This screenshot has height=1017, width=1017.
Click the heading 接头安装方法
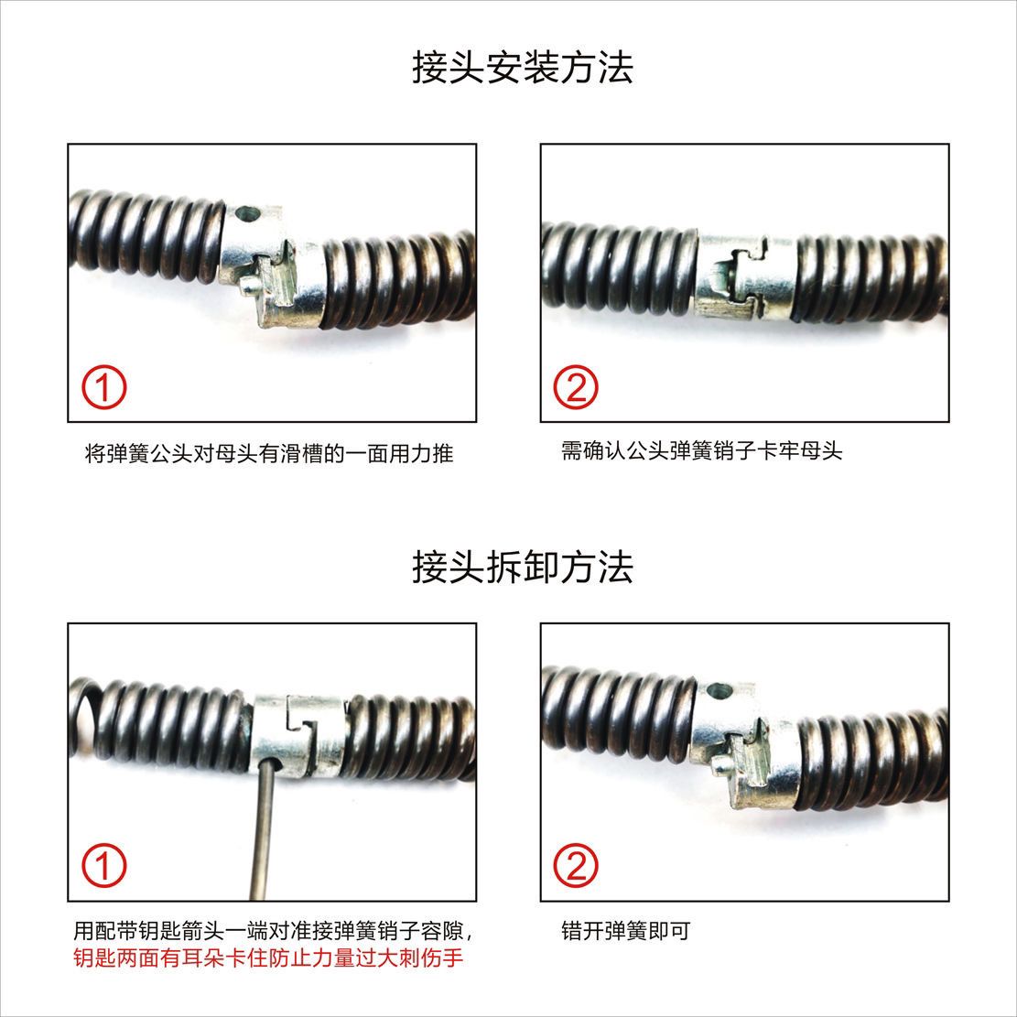(x=522, y=69)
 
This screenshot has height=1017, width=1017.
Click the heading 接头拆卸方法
(x=522, y=568)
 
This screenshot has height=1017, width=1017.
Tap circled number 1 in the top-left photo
(x=105, y=389)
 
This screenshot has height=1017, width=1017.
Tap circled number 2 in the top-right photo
(x=576, y=389)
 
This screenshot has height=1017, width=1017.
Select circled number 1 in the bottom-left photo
(x=105, y=866)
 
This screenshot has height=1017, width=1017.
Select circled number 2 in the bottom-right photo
(x=576, y=866)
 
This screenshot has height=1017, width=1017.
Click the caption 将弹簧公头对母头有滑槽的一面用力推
(x=268, y=452)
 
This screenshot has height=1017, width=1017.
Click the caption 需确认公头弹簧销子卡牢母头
(x=701, y=450)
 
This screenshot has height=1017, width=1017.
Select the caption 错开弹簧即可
(x=625, y=932)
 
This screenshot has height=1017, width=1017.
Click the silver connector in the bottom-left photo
(x=298, y=732)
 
